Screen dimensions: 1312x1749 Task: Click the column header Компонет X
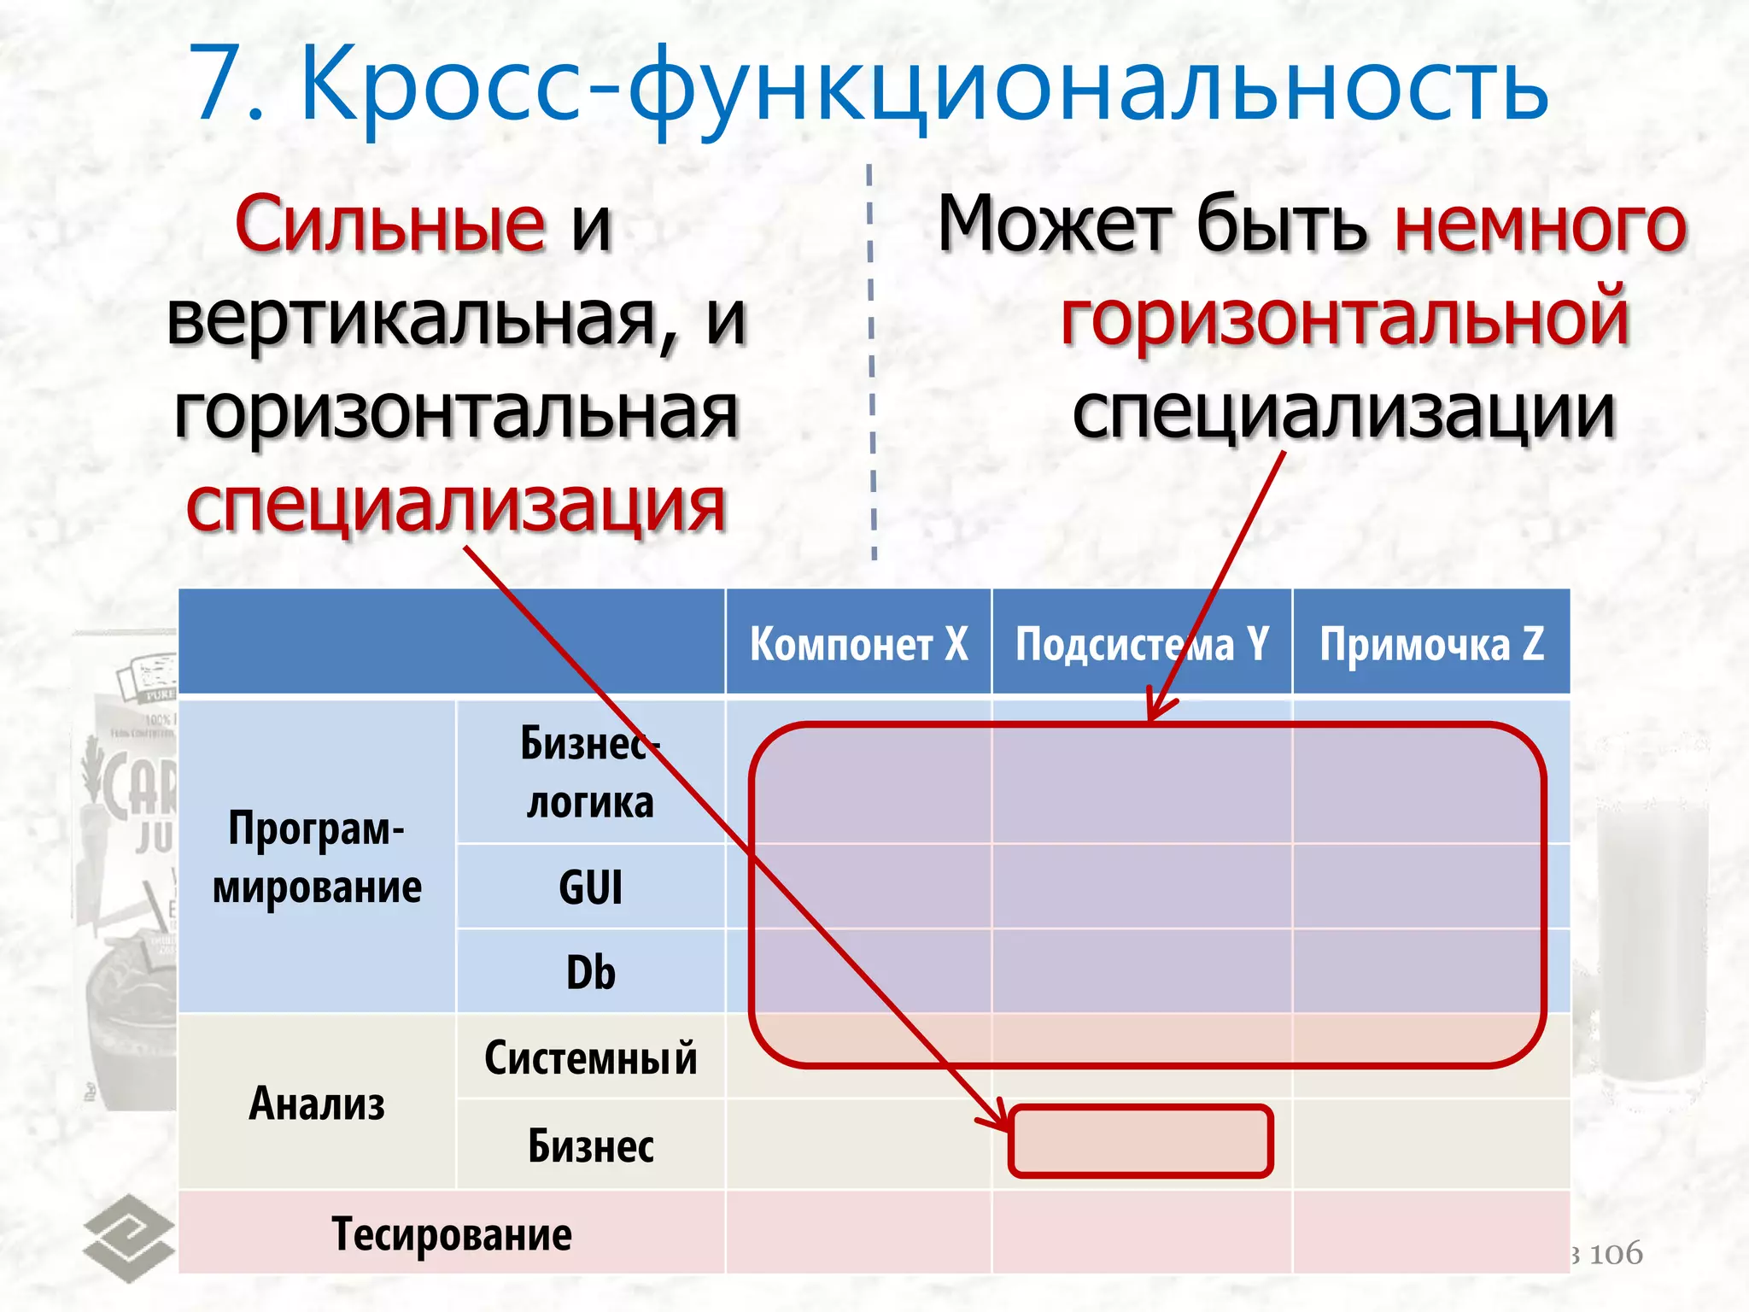(858, 643)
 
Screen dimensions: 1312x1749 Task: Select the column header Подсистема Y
(1141, 643)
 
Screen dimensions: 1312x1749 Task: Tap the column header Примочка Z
(1431, 643)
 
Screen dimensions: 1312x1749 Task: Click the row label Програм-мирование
(317, 858)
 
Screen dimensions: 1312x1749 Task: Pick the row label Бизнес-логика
(590, 772)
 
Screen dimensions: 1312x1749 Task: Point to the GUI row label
(590, 887)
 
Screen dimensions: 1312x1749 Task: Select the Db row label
(590, 972)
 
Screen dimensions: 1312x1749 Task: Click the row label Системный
(590, 1058)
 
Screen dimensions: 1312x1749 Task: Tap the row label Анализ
(317, 1103)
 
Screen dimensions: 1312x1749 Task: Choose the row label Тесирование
(451, 1234)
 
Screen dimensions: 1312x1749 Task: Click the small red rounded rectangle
(1141, 1141)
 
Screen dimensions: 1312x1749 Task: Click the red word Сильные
(389, 224)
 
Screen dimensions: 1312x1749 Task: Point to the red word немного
(1541, 224)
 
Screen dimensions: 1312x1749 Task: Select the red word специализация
(455, 506)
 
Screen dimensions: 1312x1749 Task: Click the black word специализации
(1343, 412)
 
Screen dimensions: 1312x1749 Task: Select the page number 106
(1616, 1254)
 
